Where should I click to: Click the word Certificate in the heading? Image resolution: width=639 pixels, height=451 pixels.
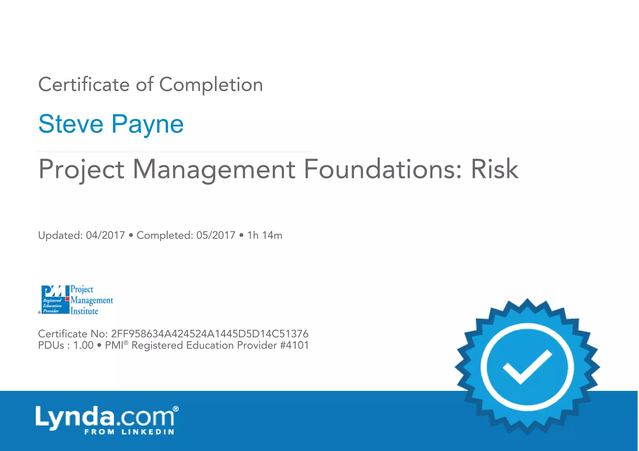84,84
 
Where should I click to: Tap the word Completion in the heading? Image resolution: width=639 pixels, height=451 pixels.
211,84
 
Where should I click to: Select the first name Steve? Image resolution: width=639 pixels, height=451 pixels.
71,124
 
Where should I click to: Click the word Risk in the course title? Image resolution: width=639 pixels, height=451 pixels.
495,169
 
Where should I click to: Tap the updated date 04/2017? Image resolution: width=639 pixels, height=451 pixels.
105,235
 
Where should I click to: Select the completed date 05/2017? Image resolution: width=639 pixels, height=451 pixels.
216,235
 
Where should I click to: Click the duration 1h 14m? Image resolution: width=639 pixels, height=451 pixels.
265,235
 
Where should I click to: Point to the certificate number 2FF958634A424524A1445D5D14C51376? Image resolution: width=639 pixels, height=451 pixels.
210,334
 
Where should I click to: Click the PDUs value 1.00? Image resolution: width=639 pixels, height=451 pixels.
83,345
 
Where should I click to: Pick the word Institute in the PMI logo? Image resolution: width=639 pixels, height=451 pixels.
84,311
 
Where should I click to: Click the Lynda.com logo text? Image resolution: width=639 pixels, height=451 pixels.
105,417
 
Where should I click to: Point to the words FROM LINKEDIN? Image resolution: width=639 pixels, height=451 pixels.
129,432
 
